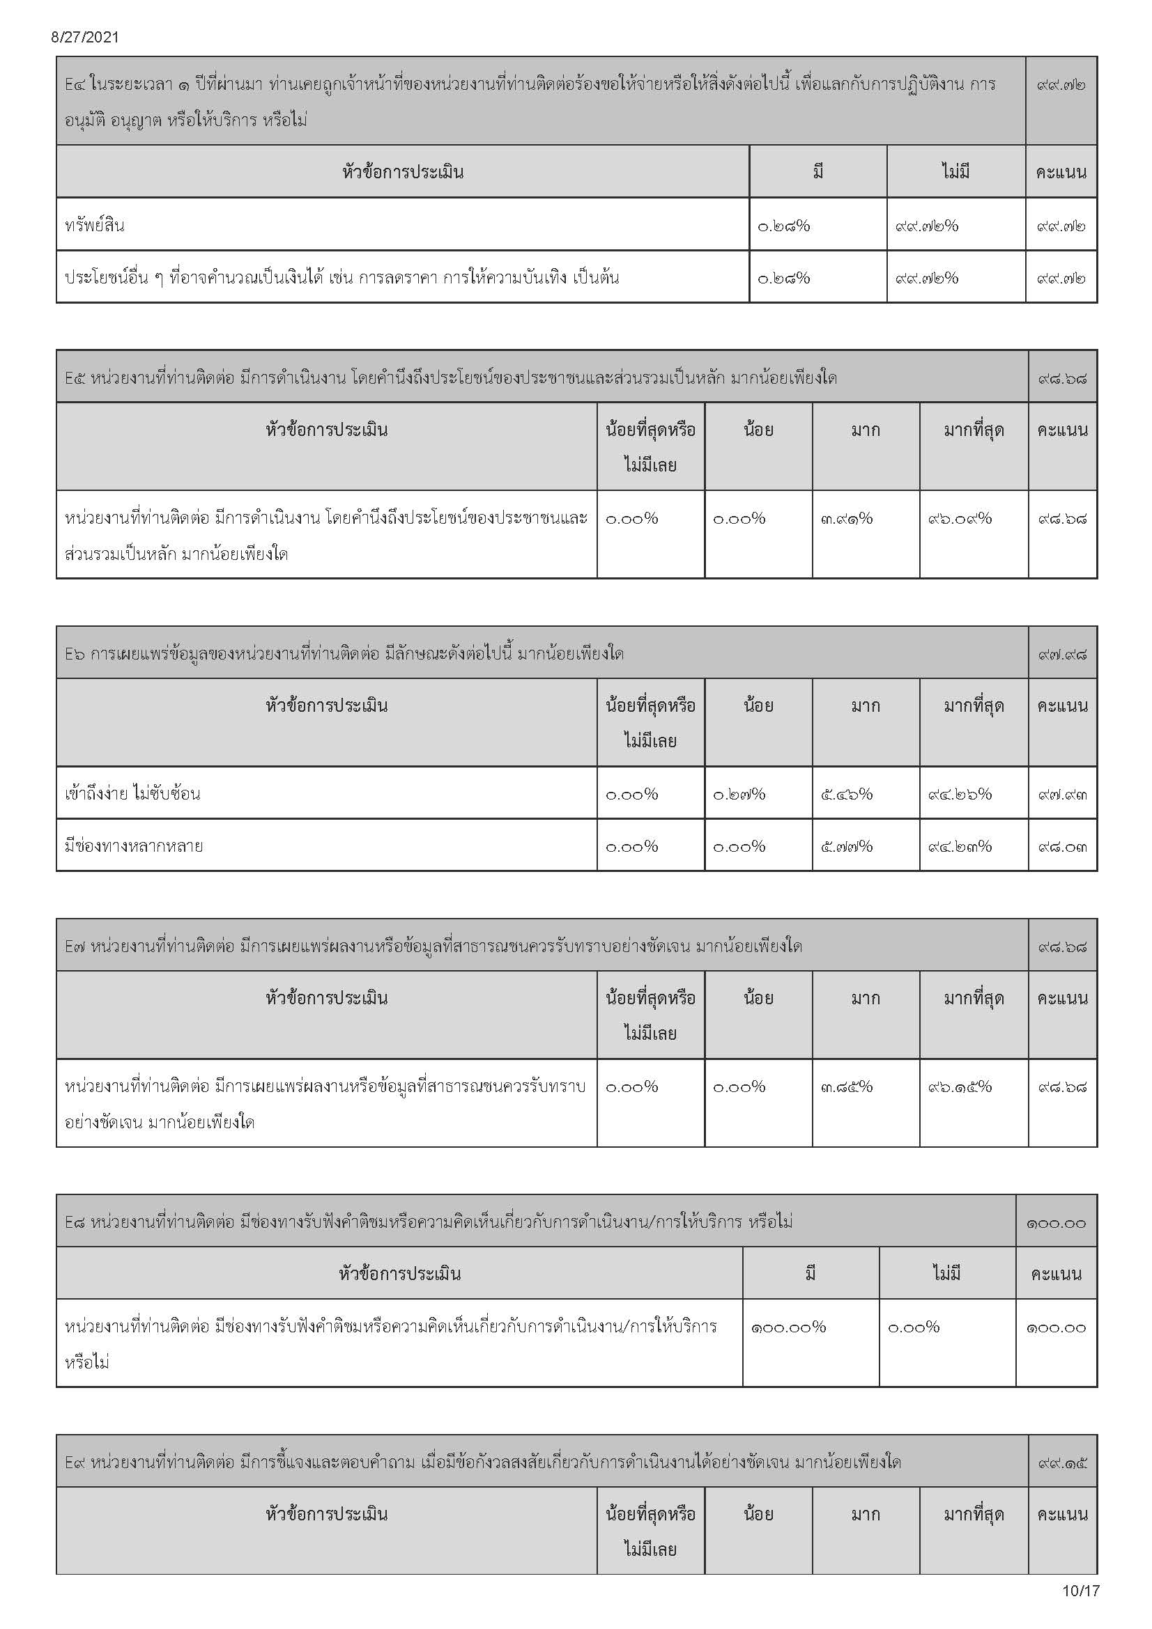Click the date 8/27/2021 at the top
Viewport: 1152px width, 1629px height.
tap(85, 38)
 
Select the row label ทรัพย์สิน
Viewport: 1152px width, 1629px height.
tap(94, 226)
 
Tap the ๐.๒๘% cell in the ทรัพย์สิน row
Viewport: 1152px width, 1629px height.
tap(783, 226)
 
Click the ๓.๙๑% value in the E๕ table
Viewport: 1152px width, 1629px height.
tap(846, 519)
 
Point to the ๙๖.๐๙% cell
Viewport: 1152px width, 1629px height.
tap(960, 519)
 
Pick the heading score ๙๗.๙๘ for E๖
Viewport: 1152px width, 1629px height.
tap(1062, 653)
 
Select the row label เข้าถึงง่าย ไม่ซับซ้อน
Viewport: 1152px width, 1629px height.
tap(132, 793)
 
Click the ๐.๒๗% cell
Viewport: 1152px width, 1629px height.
tap(739, 794)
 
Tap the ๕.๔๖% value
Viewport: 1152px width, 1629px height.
tap(846, 794)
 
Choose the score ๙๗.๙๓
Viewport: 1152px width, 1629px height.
tap(1062, 794)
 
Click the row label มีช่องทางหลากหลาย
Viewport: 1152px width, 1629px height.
tap(134, 845)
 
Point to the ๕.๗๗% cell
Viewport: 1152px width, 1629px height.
tap(846, 846)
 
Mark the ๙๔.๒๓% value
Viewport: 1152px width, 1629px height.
tap(960, 846)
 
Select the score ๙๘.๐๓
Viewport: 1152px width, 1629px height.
tap(1062, 846)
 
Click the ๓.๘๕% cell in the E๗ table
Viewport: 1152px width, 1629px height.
tap(846, 1087)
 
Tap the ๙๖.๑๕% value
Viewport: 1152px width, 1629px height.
tap(960, 1087)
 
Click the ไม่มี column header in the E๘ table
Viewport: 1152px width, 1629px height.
tap(947, 1274)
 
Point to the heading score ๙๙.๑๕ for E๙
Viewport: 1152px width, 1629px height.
tap(1062, 1463)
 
